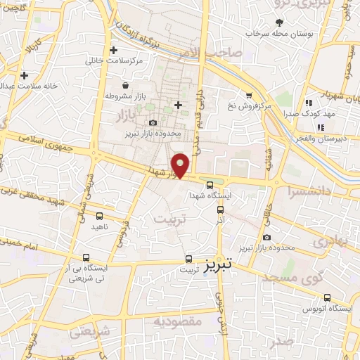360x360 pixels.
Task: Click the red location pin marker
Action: tap(181, 165)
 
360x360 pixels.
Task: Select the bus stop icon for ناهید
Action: tap(98, 217)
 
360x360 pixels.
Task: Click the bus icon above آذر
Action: tap(221, 209)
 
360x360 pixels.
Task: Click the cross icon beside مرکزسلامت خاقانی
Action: tap(113, 51)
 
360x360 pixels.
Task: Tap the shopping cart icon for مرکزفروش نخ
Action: tap(248, 96)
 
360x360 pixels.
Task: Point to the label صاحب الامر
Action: tap(219, 53)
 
